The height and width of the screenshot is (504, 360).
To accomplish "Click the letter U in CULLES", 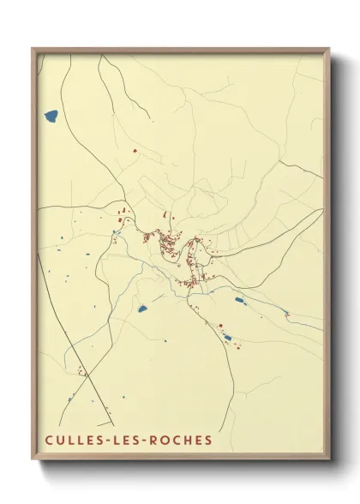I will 60,440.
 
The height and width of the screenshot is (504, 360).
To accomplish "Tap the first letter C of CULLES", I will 49,440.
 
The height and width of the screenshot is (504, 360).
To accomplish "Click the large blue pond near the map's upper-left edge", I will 51,114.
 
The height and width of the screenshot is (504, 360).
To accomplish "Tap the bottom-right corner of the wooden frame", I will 329,460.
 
